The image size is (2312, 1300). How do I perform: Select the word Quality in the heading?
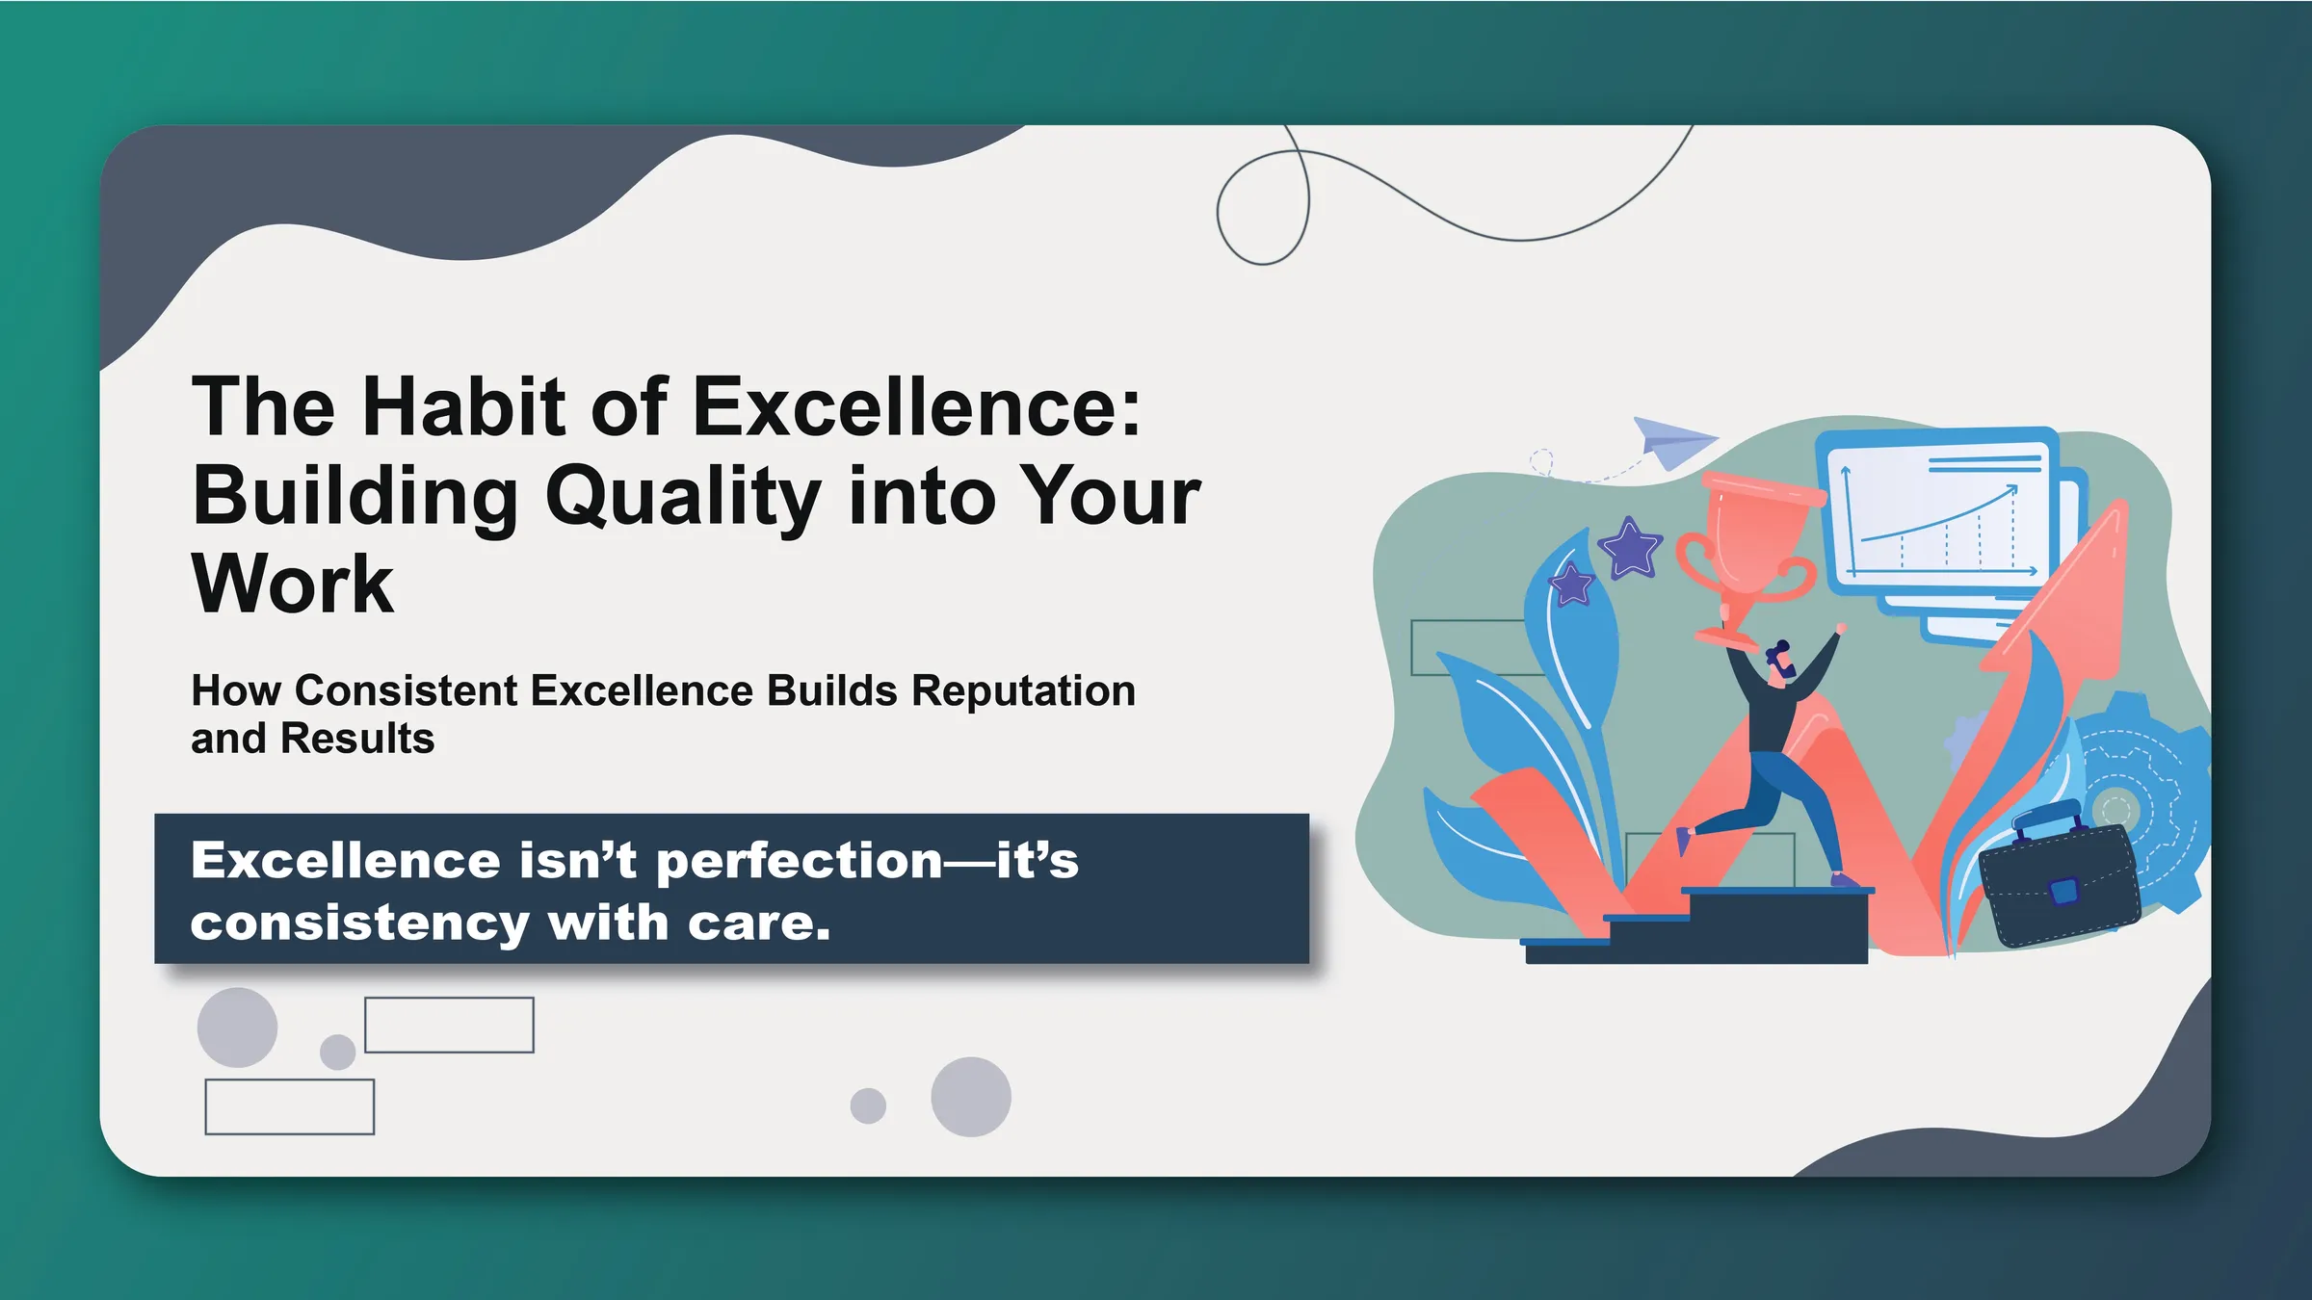[683, 497]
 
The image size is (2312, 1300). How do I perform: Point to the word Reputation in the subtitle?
[1023, 690]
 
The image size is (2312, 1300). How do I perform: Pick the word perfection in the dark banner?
[799, 860]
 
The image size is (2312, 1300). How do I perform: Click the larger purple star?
[1630, 549]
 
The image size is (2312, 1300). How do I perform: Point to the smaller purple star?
[1572, 585]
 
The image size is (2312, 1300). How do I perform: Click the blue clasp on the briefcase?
[2063, 891]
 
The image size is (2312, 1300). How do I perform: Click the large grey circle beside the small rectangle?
[237, 1027]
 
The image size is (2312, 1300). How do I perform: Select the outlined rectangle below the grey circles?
[289, 1106]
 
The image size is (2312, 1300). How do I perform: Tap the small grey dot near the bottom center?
[868, 1105]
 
